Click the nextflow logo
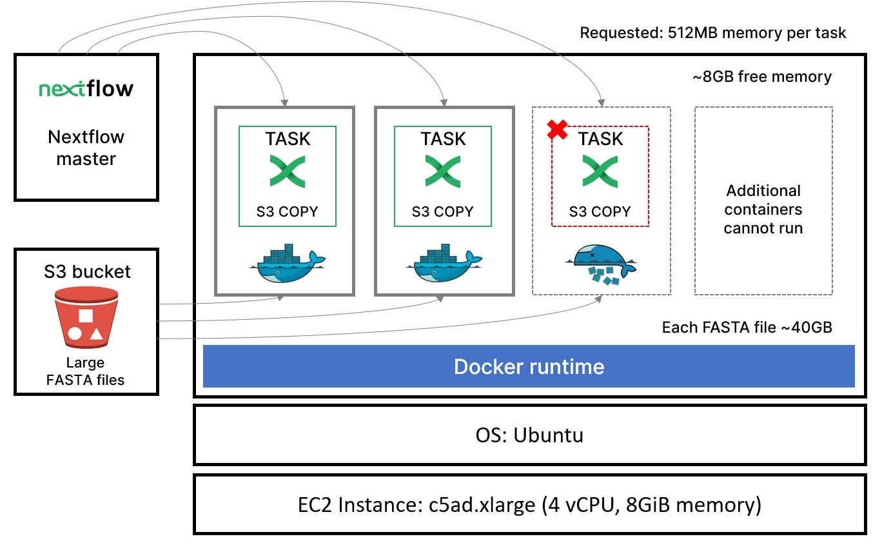coord(86,89)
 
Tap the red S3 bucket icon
coord(86,317)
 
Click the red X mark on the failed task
coord(557,130)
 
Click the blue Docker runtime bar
coord(529,366)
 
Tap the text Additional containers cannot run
coord(763,210)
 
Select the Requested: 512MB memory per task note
coord(712,33)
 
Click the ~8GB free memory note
coord(761,77)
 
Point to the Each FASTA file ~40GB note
coord(747,328)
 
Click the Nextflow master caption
coord(86,148)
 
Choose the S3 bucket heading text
coord(87,271)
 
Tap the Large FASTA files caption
coord(86,371)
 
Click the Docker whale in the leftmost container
coord(284,264)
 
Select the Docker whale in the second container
coord(444,264)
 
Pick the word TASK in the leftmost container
coord(288,139)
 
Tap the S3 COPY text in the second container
coord(444,211)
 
